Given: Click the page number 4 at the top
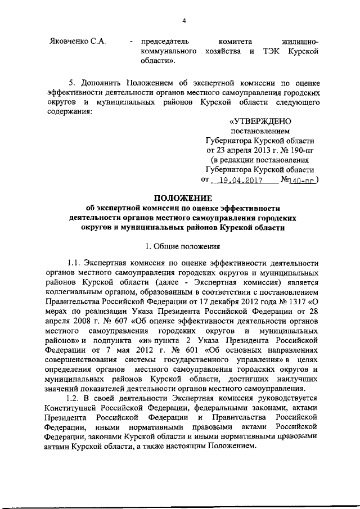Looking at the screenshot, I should [183, 21].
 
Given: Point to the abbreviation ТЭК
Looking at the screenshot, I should [272, 51].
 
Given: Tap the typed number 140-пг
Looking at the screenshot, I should [304, 181].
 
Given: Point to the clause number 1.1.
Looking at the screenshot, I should [74, 263].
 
